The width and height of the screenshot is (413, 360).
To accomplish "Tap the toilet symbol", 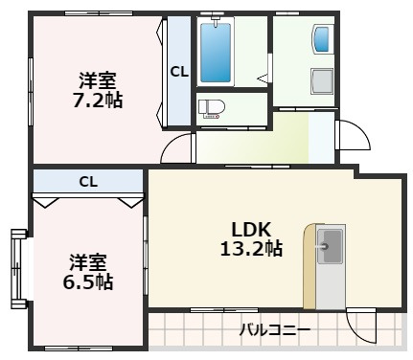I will (x=209, y=108).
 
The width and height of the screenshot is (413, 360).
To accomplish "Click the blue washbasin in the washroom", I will (x=322, y=40).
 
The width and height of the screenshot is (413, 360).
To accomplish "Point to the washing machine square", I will (x=322, y=81).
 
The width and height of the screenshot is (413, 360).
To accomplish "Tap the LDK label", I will (x=252, y=229).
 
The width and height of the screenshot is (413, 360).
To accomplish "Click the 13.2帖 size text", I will (x=252, y=249).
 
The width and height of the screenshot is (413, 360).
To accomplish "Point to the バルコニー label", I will (x=274, y=331).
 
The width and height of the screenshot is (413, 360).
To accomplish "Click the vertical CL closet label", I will (x=178, y=71).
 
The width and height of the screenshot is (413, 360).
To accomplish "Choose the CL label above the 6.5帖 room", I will (x=87, y=180).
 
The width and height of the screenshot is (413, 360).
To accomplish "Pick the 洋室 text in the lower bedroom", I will (x=87, y=261).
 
